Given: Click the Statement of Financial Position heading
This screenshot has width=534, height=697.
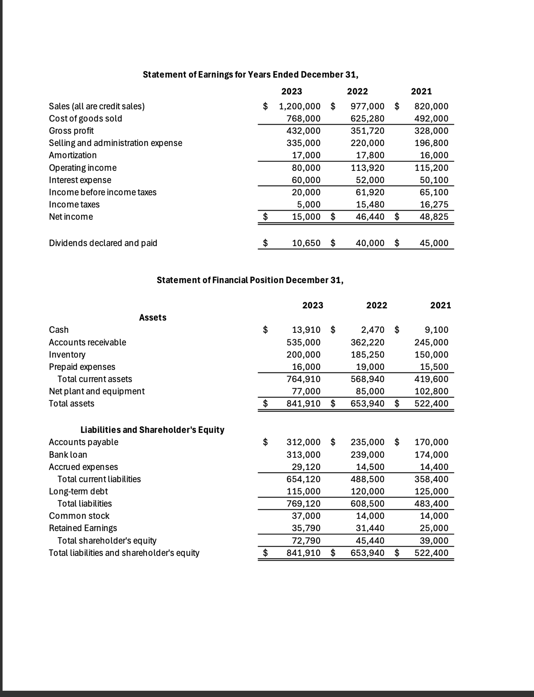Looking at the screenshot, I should [x=250, y=280].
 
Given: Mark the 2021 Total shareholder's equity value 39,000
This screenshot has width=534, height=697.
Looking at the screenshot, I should [x=434, y=541].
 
